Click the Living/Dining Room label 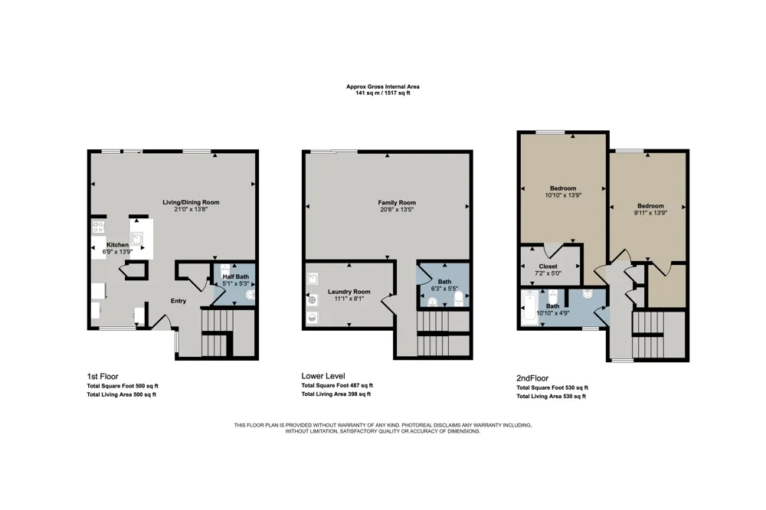click(191, 202)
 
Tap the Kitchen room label click(118, 245)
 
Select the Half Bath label click(235, 276)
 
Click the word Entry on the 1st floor click(178, 301)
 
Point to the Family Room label click(397, 202)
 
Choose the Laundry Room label click(349, 292)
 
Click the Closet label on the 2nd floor click(548, 266)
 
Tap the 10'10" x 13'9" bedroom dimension click(563, 195)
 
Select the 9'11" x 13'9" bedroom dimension click(650, 213)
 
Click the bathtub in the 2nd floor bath click(529, 309)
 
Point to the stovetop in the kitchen click(99, 227)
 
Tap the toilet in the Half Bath click(225, 270)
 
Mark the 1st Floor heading click(103, 376)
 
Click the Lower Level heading click(323, 376)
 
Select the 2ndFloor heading click(532, 378)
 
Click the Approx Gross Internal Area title click(383, 87)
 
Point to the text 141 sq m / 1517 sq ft click(383, 93)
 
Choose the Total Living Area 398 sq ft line click(336, 394)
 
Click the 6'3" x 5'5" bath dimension click(444, 288)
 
